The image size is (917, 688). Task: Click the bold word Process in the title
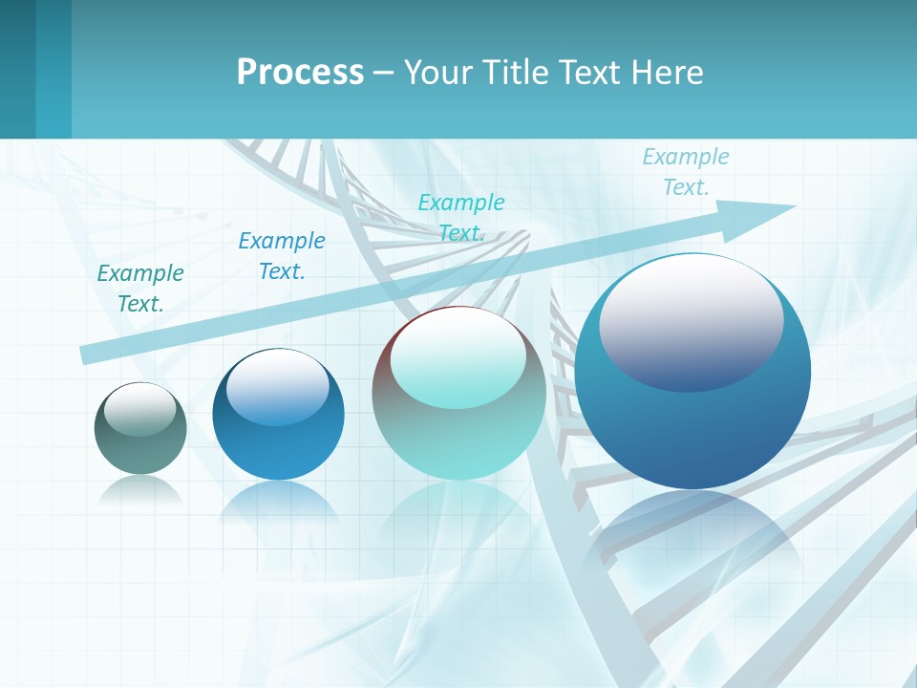(300, 73)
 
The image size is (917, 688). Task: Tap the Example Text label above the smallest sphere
(140, 288)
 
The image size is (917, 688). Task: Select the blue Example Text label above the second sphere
(282, 255)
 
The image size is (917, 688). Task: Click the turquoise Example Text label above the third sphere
(461, 217)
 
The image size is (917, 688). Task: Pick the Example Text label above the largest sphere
(686, 171)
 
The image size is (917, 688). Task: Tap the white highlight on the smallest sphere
(139, 408)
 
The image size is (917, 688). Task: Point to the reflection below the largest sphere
(693, 535)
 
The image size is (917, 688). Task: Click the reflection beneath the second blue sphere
(278, 502)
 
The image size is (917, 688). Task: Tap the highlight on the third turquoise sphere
(458, 358)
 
